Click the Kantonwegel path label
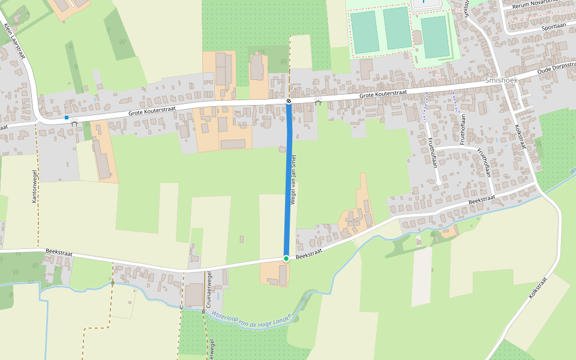click(x=35, y=184)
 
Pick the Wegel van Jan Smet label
click(x=294, y=179)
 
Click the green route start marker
click(x=286, y=259)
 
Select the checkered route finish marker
click(x=289, y=101)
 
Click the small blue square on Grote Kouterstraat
click(x=67, y=118)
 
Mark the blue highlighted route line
click(x=288, y=180)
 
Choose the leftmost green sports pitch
click(x=364, y=32)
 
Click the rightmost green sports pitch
click(x=434, y=37)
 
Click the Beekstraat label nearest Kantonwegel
click(x=59, y=253)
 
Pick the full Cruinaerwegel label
click(x=209, y=290)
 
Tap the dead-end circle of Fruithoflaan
click(x=439, y=182)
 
